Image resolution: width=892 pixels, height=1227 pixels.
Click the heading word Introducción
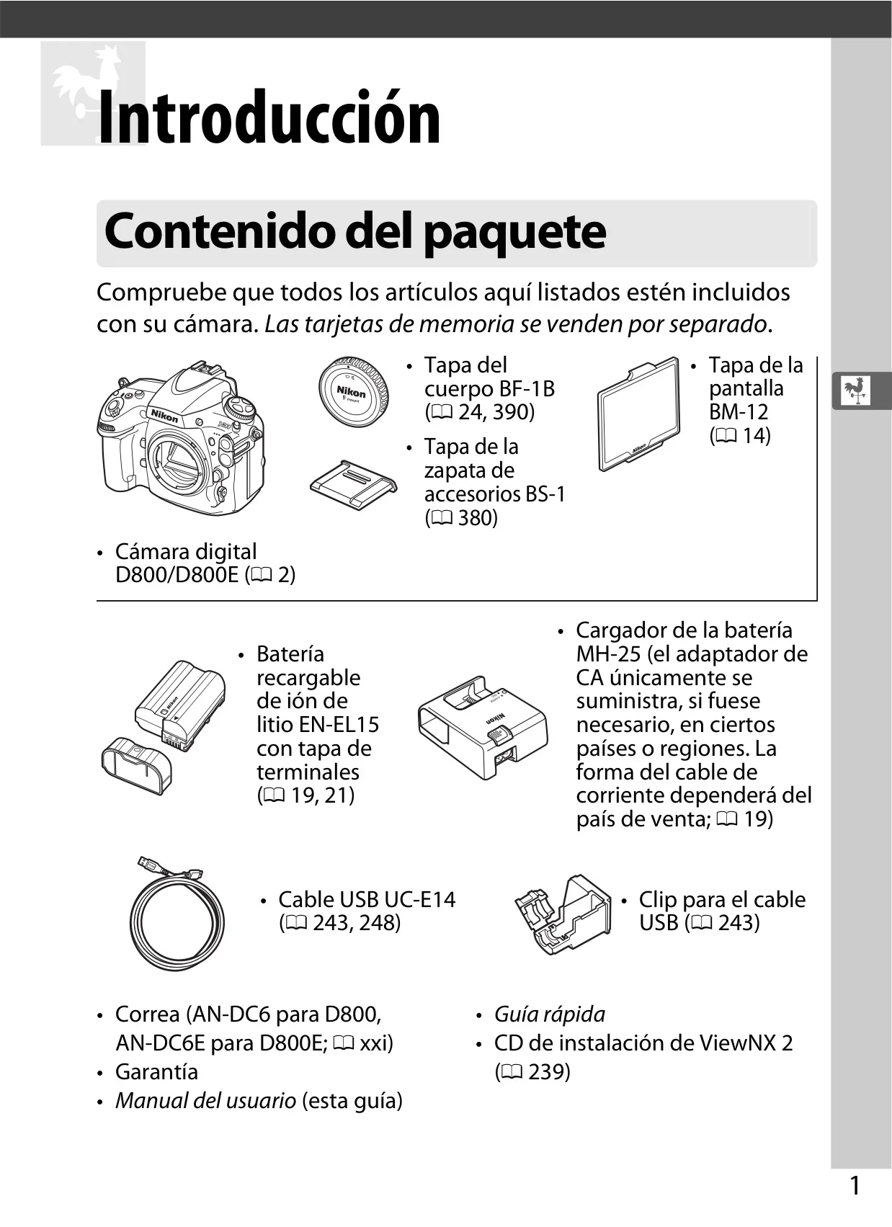point(269,117)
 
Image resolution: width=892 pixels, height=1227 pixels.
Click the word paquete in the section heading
point(515,233)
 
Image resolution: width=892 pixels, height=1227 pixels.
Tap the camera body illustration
point(182,437)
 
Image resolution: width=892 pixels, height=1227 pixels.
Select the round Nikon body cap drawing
point(353,391)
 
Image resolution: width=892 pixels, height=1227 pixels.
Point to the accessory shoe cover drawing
point(353,485)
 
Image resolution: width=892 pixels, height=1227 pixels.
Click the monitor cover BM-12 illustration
point(639,414)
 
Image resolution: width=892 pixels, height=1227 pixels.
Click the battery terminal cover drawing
point(136,765)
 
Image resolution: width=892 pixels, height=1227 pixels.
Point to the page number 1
point(855,1186)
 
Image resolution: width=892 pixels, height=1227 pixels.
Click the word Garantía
point(156,1071)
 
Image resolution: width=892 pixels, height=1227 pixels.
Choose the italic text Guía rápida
point(550,1014)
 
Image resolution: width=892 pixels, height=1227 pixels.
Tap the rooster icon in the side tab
point(855,391)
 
